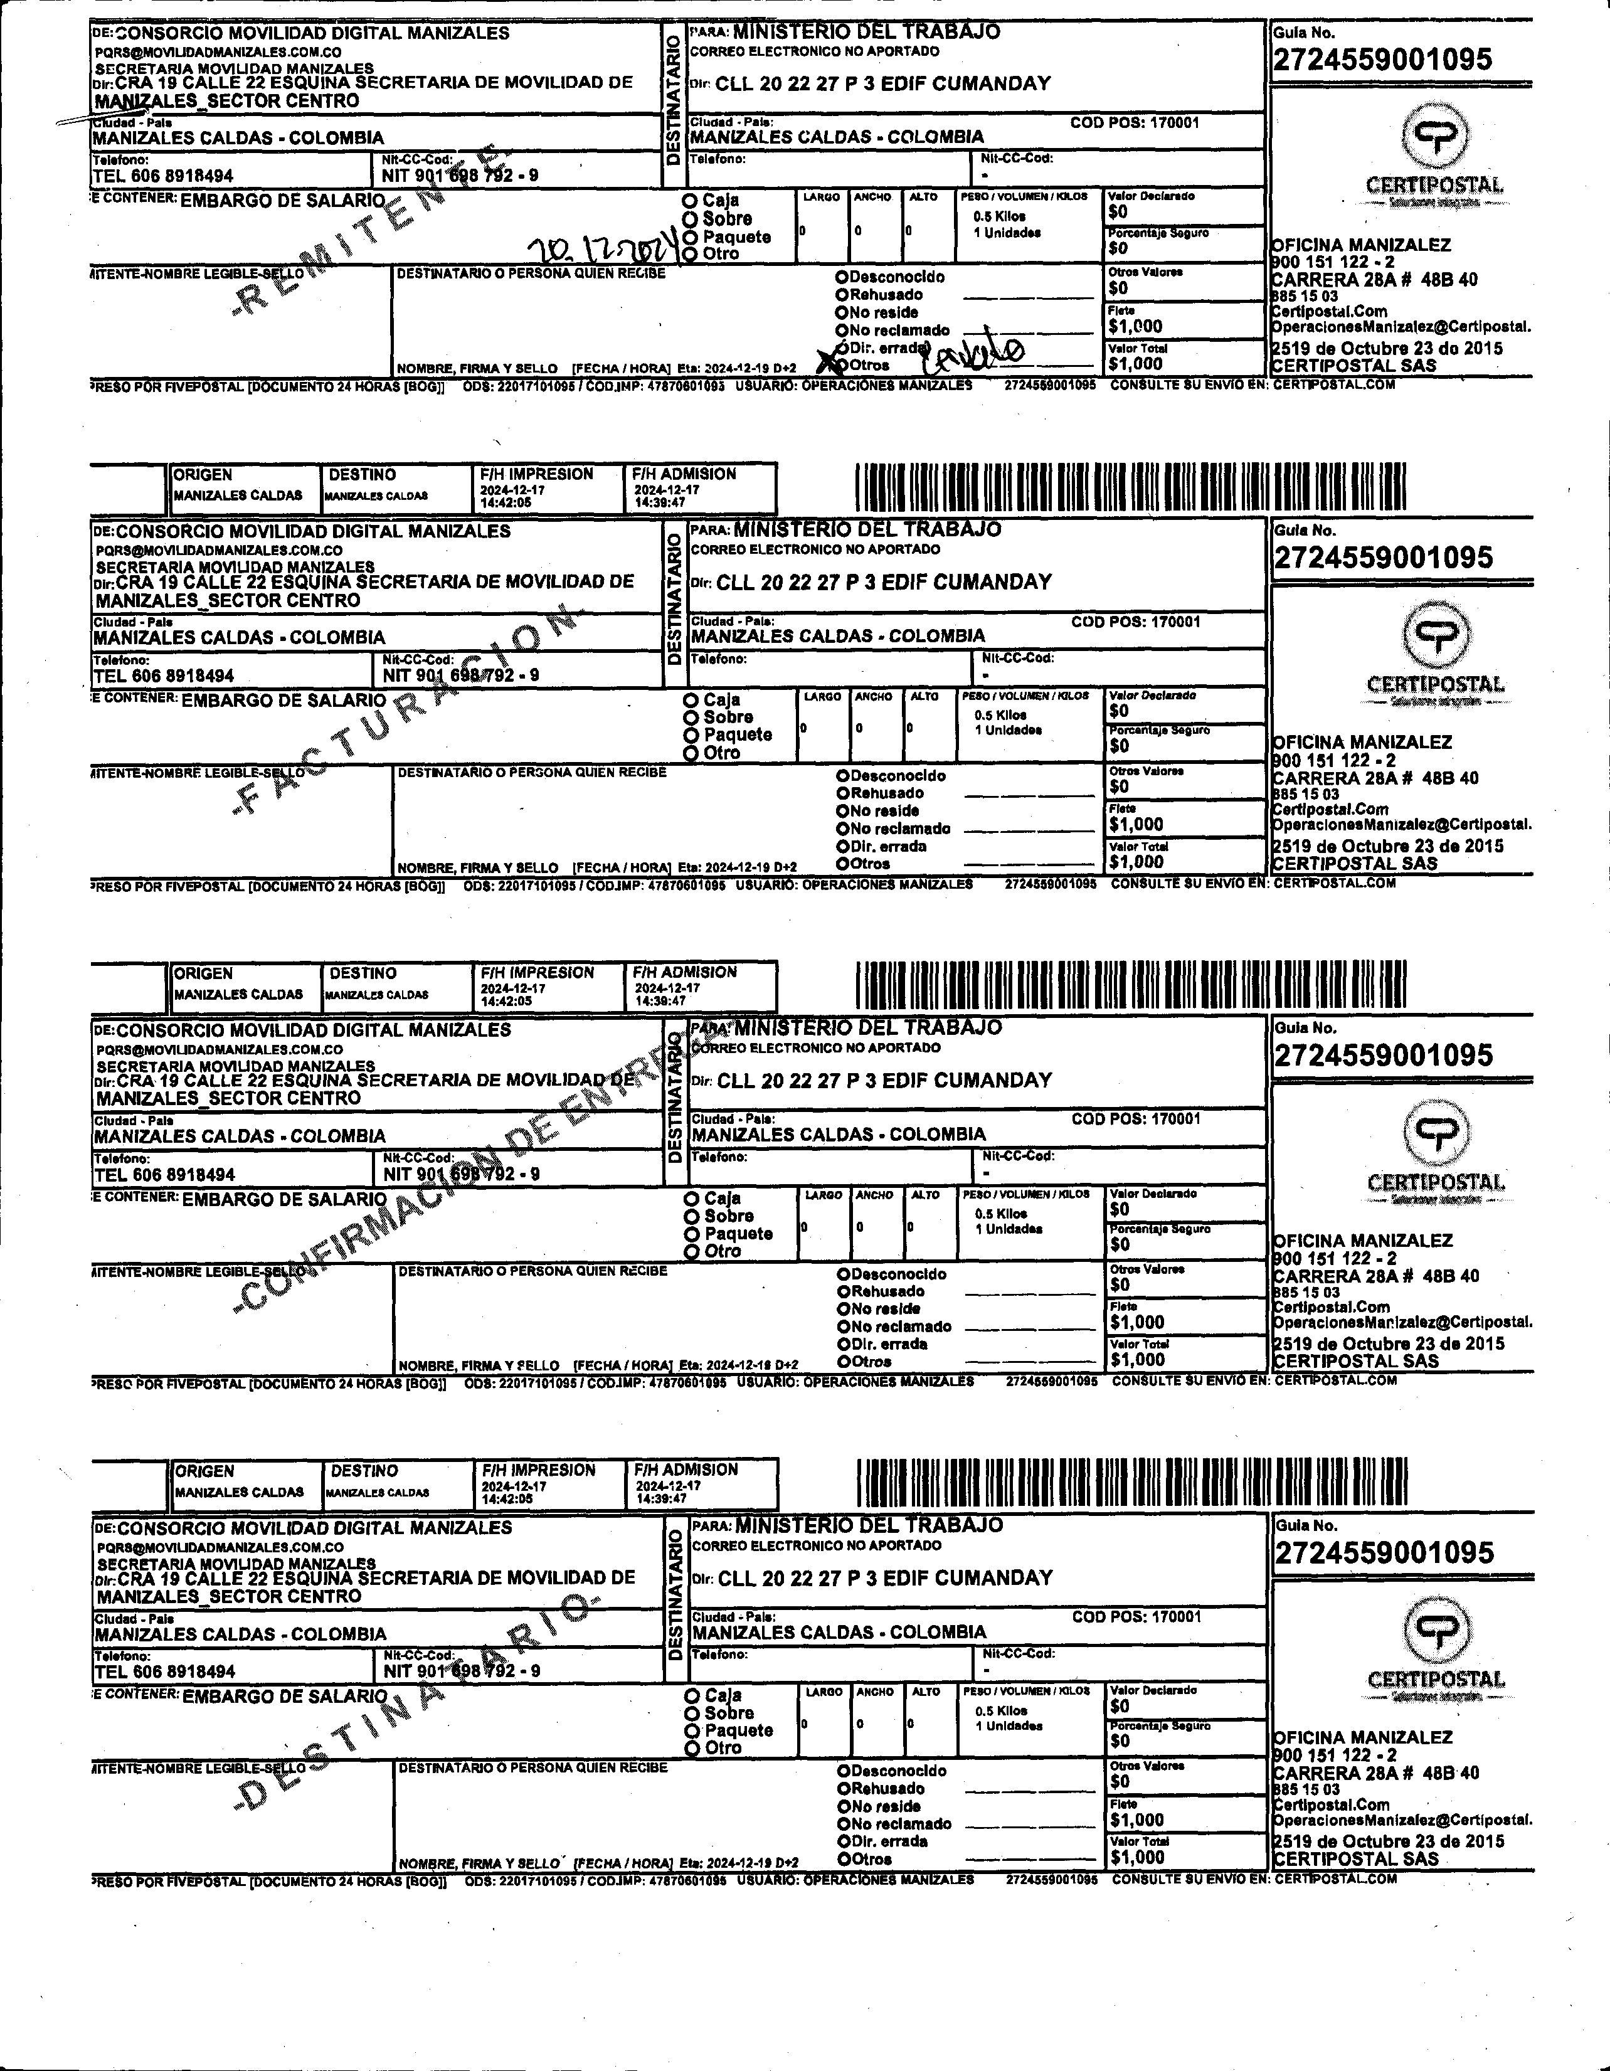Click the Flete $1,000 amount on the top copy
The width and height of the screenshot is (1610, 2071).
1135,326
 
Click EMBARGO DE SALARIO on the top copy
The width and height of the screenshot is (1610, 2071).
283,201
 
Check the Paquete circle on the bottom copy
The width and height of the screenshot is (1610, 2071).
693,1730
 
